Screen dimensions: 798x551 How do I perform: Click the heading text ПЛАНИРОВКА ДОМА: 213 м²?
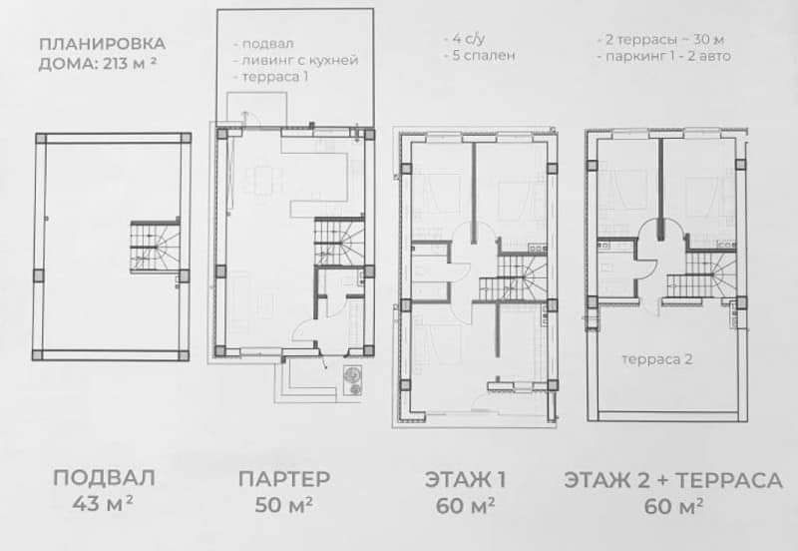pos(102,54)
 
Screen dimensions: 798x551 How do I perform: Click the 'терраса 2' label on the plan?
pos(657,359)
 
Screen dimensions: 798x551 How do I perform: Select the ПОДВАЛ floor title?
pos(104,478)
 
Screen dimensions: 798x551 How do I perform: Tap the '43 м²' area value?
pos(103,504)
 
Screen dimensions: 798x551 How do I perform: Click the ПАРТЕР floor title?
pos(284,479)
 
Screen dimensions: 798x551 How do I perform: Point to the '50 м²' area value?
pos(283,505)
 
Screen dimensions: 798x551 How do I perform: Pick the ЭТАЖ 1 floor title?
pos(465,480)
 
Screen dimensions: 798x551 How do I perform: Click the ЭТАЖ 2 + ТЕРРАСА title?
pos(673,481)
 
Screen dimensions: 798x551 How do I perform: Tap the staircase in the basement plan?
pos(156,247)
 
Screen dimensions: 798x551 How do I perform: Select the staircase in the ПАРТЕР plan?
pos(339,242)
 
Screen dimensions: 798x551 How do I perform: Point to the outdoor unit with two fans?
pos(352,381)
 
